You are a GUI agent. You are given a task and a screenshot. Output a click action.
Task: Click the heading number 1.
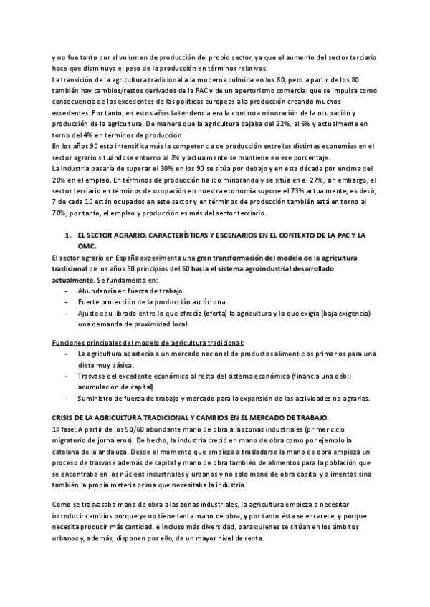[x=68, y=234]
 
